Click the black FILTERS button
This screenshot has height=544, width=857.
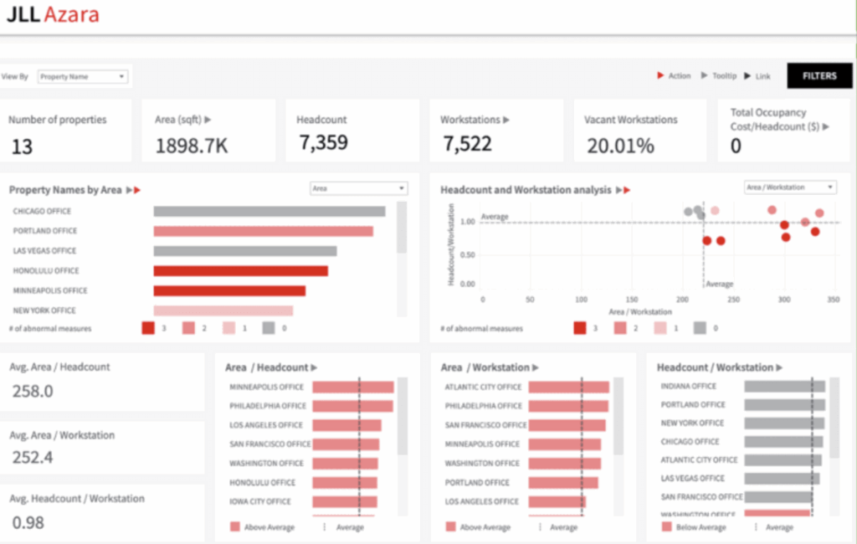pos(819,76)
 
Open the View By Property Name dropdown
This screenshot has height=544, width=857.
pos(82,76)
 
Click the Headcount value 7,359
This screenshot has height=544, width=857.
pos(322,143)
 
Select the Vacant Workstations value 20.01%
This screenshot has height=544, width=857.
pos(619,146)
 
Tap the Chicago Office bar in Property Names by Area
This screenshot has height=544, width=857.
pos(269,212)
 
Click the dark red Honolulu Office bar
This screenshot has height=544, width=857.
pos(240,270)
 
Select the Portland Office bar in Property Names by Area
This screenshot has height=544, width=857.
pos(263,231)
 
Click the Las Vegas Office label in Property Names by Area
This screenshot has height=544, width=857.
pos(44,251)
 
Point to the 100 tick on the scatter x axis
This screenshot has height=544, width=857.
pos(582,298)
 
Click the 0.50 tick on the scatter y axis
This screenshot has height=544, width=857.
pos(468,254)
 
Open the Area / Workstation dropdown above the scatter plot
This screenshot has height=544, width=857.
pos(789,187)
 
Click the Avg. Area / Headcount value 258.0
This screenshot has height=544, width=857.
pos(33,392)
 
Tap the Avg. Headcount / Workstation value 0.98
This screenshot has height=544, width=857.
pos(28,522)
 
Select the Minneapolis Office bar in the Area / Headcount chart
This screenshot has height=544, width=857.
pos(352,387)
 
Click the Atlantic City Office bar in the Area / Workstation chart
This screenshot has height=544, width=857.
pos(568,387)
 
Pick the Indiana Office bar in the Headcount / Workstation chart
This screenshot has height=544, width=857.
pos(784,387)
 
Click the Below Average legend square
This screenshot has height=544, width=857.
pos(666,527)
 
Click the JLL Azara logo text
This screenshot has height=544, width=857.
pos(53,14)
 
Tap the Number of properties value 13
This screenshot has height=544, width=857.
pos(22,146)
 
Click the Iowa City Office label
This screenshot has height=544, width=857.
pos(260,502)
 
